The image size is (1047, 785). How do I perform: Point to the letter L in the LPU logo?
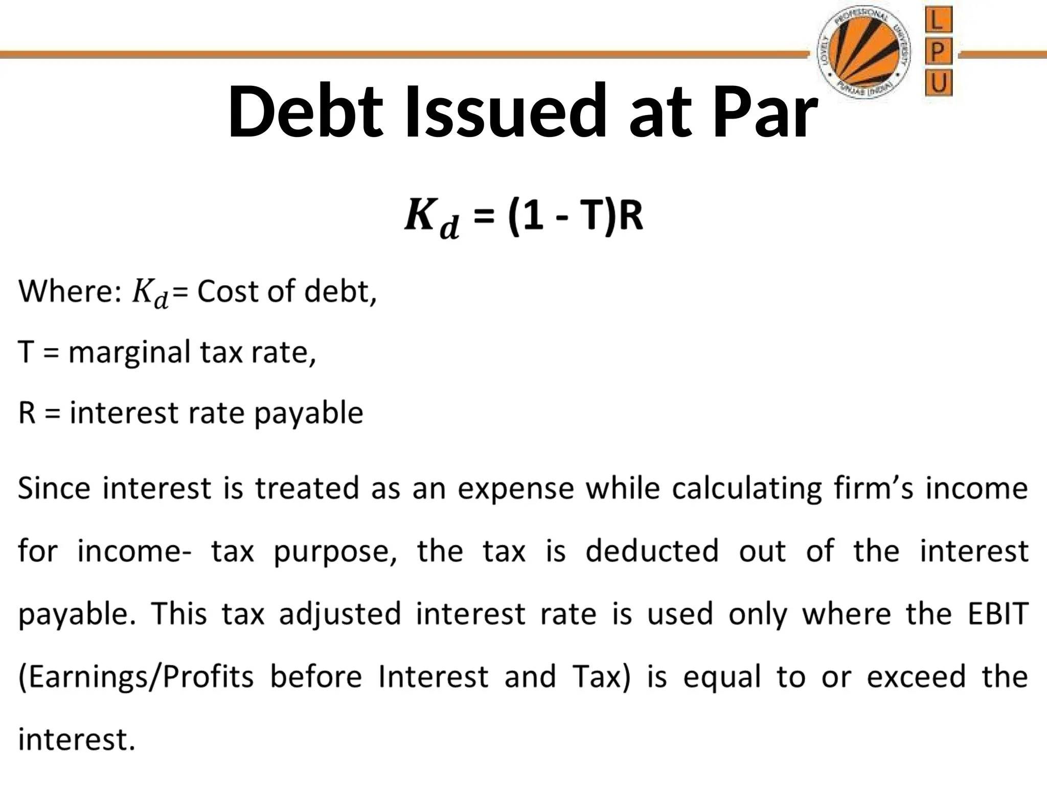pyautogui.click(x=938, y=21)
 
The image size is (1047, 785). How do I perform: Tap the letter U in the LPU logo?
pyautogui.click(x=938, y=83)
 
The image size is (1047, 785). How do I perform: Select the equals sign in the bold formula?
pyautogui.click(x=484, y=217)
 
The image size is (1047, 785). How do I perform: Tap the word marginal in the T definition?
pyautogui.click(x=129, y=353)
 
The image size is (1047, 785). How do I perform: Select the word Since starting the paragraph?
pyautogui.click(x=54, y=488)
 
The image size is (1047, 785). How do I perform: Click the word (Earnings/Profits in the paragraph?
pyautogui.click(x=136, y=677)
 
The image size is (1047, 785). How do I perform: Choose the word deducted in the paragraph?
pyautogui.click(x=652, y=551)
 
